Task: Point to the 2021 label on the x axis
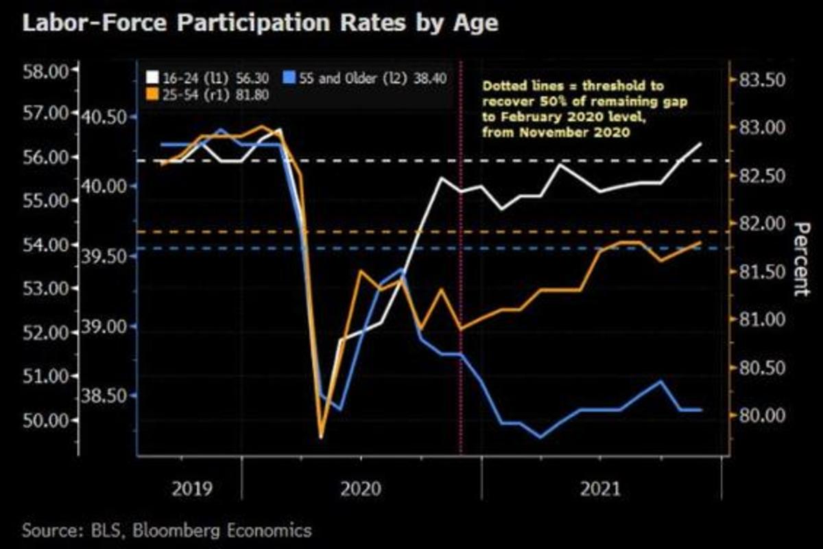click(x=600, y=489)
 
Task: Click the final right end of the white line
click(x=700, y=143)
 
